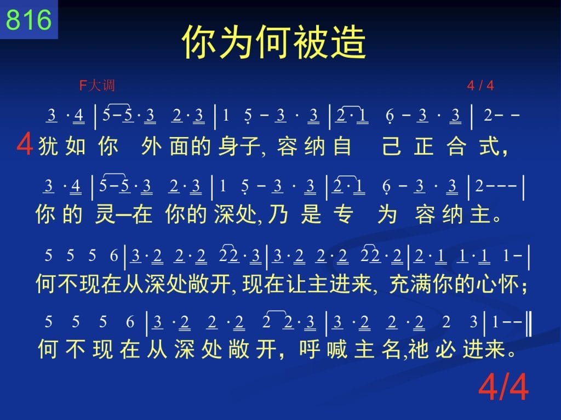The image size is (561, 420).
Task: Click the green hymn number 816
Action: point(28,19)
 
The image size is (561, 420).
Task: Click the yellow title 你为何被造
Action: point(274,42)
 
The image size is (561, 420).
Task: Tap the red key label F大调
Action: point(97,86)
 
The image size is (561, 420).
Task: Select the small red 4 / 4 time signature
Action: point(480,86)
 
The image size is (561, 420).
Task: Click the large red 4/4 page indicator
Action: point(503,387)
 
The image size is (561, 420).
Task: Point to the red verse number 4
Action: point(25,144)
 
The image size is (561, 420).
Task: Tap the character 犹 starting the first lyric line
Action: point(48,146)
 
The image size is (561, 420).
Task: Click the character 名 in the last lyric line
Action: point(391,349)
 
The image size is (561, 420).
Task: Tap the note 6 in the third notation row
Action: point(114,256)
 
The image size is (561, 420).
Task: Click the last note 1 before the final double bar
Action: point(495,322)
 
